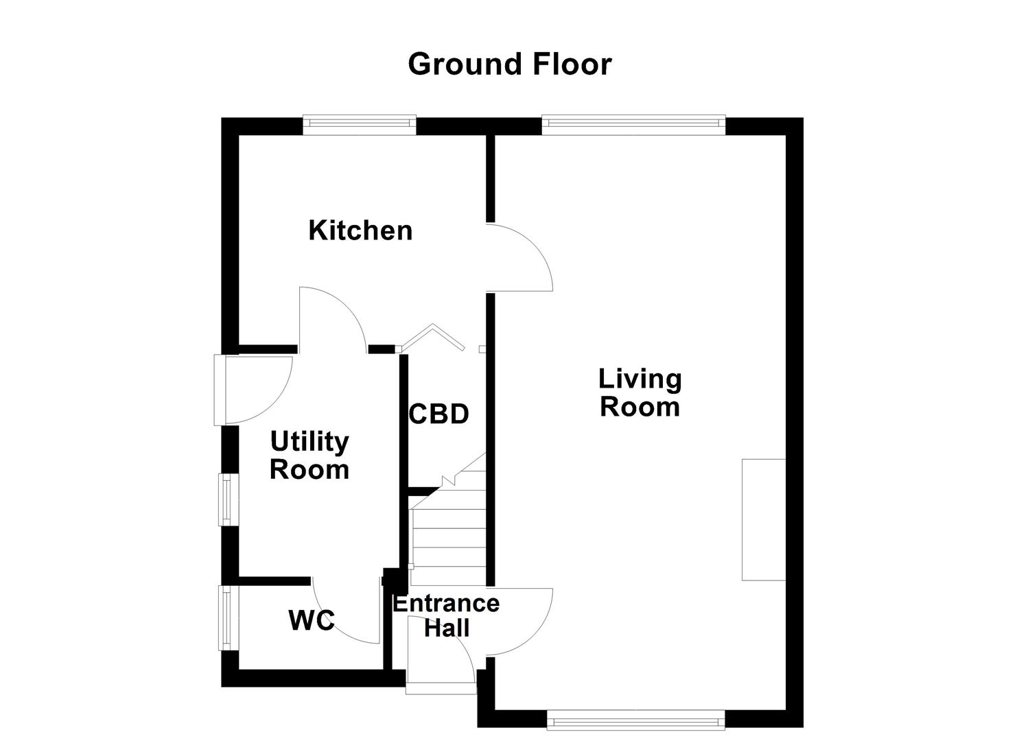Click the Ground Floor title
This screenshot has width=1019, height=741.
(x=509, y=64)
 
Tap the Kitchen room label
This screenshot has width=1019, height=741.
(x=360, y=231)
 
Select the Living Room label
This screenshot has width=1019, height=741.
(x=640, y=392)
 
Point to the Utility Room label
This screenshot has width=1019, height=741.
(x=309, y=456)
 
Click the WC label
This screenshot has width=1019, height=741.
(x=312, y=621)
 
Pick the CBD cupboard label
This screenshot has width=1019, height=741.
(x=438, y=414)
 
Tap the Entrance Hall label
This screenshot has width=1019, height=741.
(x=446, y=615)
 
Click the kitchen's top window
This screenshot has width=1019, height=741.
(x=360, y=123)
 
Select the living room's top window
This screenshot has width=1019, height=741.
(x=633, y=123)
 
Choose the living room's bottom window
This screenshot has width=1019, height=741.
(x=635, y=720)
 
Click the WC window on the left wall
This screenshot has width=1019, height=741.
(x=224, y=617)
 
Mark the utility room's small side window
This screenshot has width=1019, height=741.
(x=224, y=499)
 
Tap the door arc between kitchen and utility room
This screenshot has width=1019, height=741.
(x=332, y=317)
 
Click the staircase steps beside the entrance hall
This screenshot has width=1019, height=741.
(x=448, y=535)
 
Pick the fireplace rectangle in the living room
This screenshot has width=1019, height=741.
(x=763, y=519)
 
